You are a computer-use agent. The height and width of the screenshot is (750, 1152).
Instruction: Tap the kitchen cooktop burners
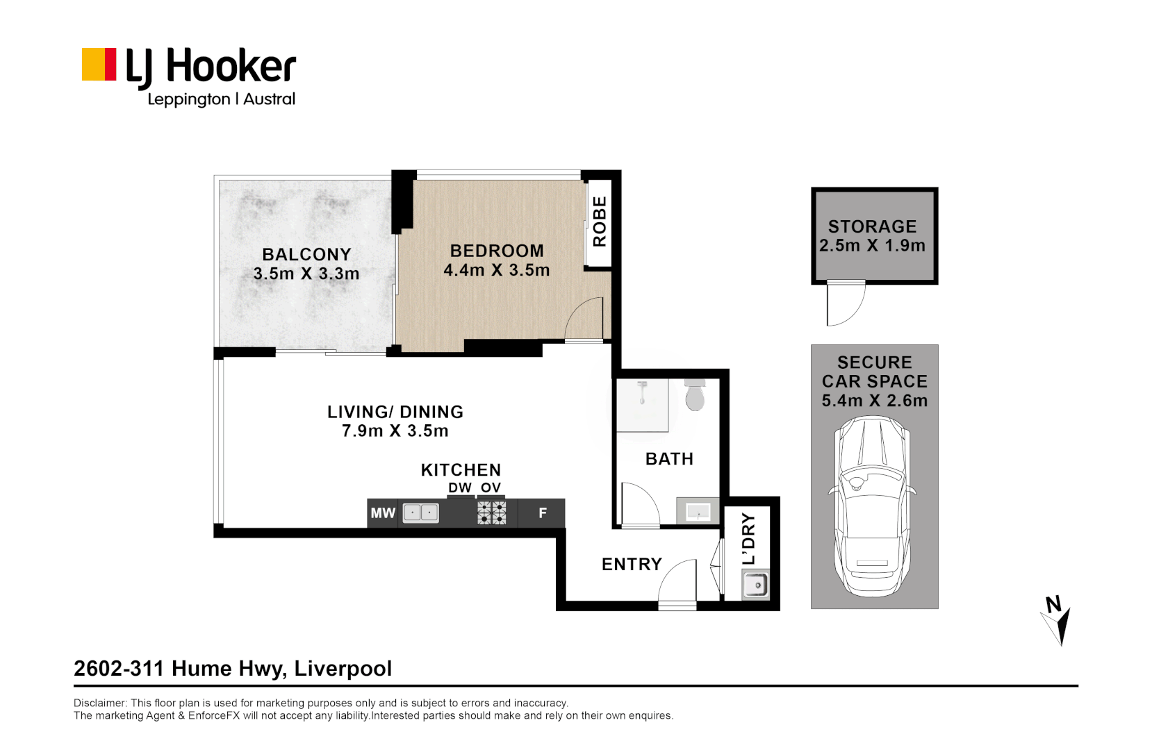tap(491, 513)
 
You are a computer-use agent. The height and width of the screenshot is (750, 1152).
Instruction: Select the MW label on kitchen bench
tap(382, 513)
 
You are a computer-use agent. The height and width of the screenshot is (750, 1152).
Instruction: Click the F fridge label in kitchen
tap(543, 513)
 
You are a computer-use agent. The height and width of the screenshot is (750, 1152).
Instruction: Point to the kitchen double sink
tap(420, 513)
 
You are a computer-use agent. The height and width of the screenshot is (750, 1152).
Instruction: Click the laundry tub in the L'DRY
tap(755, 585)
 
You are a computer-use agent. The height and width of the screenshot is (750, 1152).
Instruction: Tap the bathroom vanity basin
tap(698, 512)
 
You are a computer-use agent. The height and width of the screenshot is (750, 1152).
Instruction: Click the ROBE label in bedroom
tap(599, 221)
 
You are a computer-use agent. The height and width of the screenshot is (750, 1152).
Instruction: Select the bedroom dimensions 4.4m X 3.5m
tap(496, 270)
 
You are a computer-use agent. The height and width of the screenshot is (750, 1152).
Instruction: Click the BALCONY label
tap(306, 254)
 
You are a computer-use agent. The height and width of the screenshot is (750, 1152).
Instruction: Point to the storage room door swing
tap(845, 304)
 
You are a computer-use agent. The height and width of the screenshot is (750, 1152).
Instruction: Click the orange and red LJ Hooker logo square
tap(99, 65)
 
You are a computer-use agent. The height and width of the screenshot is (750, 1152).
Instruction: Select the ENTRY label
tap(632, 564)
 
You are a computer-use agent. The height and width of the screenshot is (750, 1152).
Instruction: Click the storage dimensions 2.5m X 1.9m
tap(872, 246)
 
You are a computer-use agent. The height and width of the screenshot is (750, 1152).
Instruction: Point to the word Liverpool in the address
tap(343, 669)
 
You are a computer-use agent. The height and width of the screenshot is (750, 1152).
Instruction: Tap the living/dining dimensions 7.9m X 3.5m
tap(395, 431)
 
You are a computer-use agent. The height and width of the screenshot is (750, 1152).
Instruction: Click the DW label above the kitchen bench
tap(459, 487)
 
